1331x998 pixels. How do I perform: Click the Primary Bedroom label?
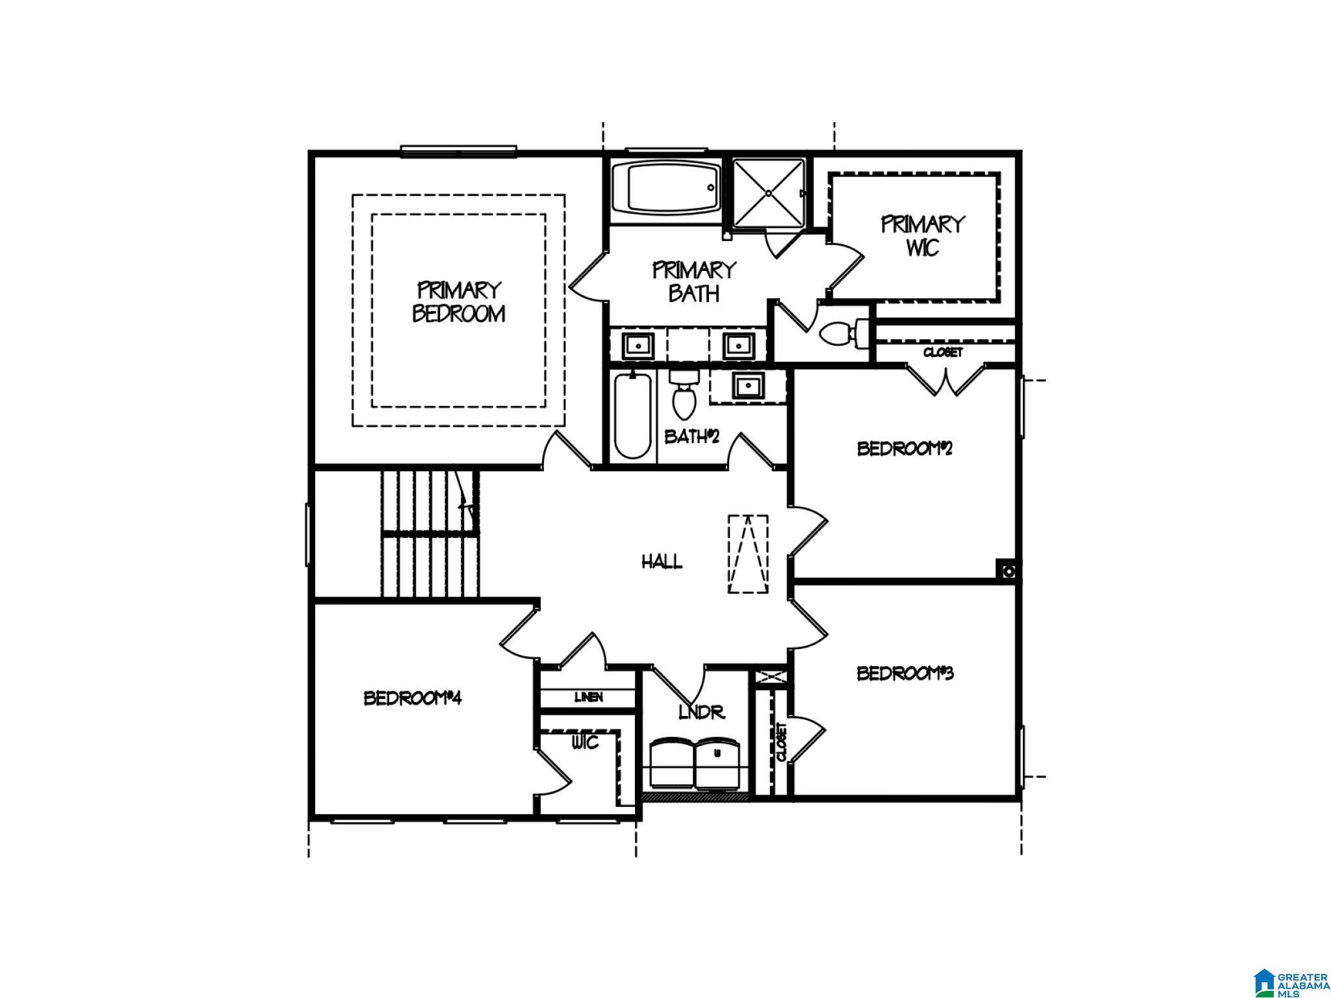[459, 301]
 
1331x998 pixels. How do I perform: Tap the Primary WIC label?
[922, 236]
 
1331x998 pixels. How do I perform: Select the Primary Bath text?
[693, 281]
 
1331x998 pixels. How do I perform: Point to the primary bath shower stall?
[768, 193]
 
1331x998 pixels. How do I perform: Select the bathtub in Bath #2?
[632, 415]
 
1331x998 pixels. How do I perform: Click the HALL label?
[662, 561]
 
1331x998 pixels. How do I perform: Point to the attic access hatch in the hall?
[747, 554]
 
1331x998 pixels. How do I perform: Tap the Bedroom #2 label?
[905, 448]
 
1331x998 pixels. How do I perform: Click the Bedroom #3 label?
[905, 673]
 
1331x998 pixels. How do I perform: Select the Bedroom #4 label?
[412, 698]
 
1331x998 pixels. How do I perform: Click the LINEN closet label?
[588, 697]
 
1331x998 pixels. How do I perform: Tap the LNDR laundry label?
[701, 712]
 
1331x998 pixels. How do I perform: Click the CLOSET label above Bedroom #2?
[942, 352]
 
